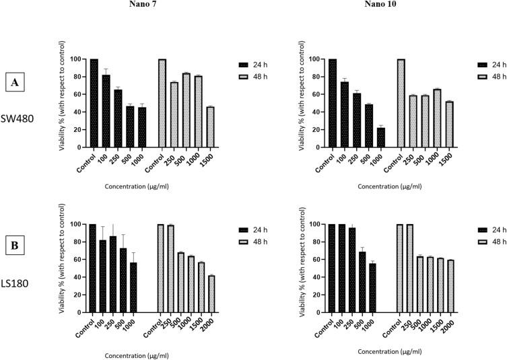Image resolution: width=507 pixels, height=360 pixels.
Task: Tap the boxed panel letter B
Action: pos(14,246)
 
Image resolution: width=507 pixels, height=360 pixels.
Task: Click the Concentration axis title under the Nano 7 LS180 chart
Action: pos(150,350)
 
